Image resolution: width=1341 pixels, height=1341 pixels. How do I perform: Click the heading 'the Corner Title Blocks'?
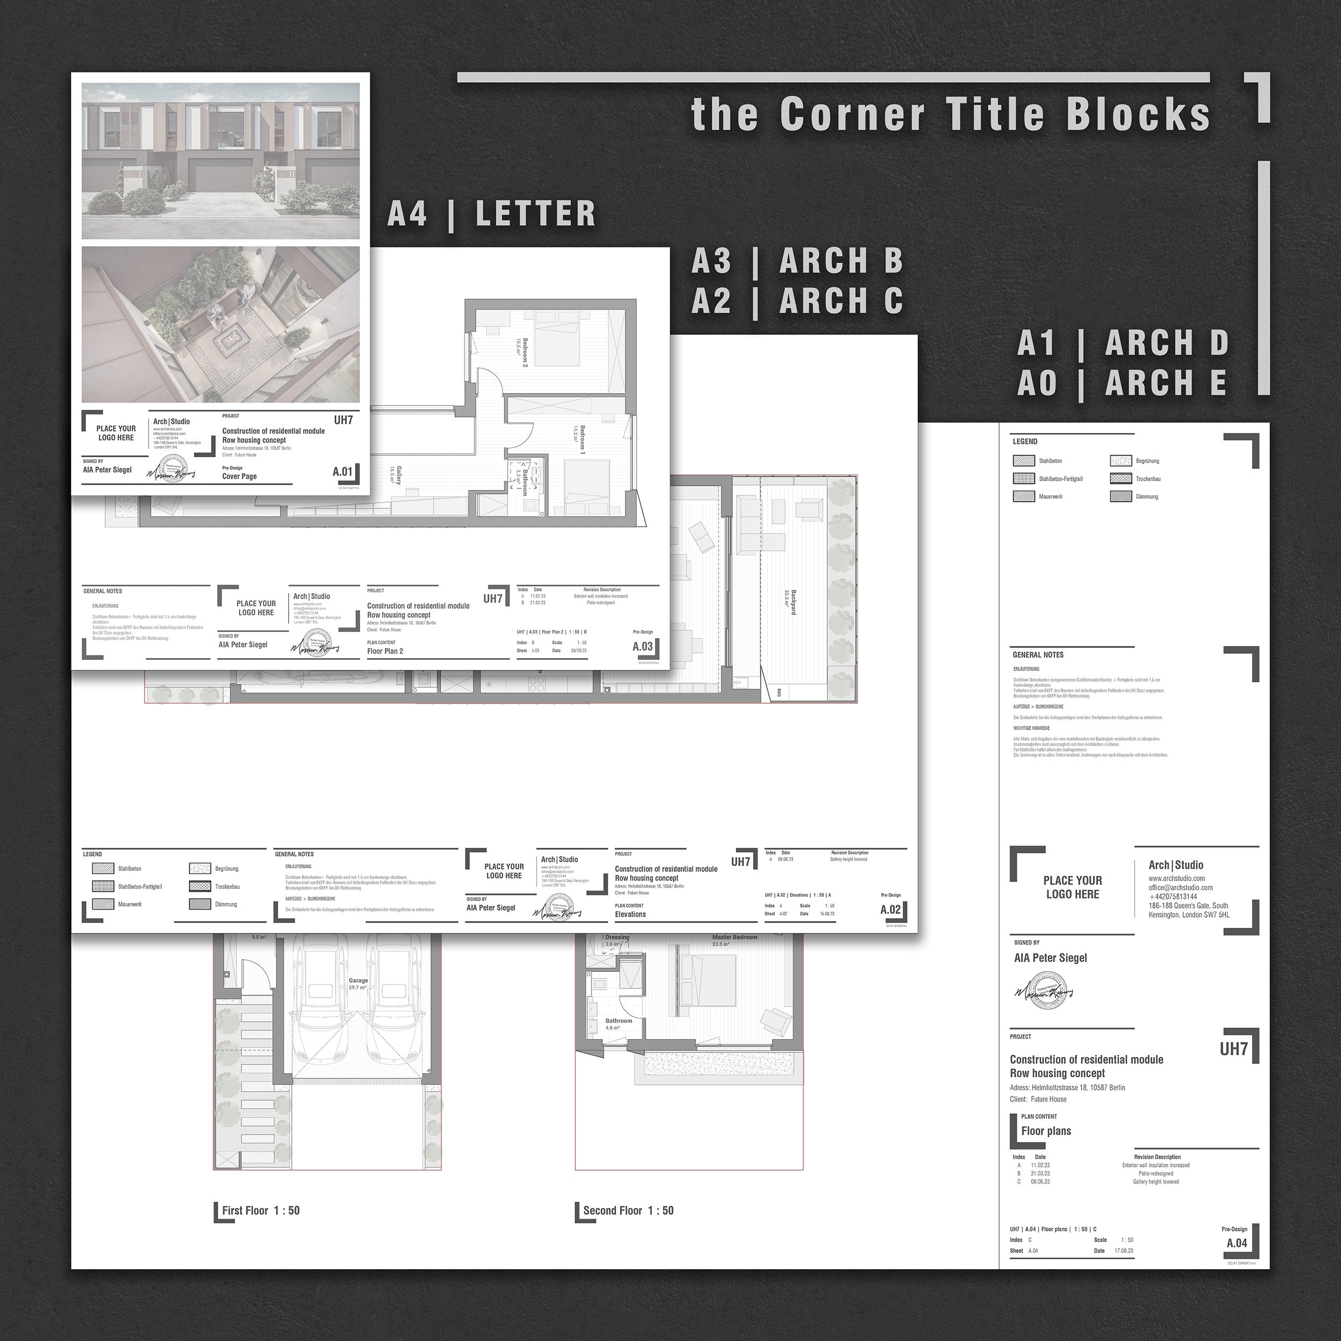[951, 114]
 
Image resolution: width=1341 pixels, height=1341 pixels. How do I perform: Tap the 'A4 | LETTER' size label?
[492, 214]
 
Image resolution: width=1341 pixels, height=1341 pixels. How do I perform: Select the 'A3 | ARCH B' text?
[797, 261]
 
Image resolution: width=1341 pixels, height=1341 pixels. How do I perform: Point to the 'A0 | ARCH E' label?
[1122, 383]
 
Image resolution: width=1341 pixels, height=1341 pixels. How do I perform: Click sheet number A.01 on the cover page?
[343, 472]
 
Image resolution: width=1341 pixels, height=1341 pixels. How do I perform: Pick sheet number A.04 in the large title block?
[1237, 1263]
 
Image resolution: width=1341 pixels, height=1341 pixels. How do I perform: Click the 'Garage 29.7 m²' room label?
[358, 984]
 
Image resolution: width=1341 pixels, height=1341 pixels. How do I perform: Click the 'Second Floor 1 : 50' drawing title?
[628, 1210]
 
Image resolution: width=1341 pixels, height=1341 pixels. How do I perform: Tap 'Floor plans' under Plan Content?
[1046, 1131]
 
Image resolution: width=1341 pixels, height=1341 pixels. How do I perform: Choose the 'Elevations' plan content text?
[630, 914]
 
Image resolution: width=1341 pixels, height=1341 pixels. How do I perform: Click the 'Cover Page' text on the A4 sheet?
[240, 476]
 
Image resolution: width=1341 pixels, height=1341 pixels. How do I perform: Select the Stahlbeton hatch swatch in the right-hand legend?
[1024, 461]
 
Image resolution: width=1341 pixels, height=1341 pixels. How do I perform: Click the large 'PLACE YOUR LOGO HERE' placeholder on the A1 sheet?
[1072, 887]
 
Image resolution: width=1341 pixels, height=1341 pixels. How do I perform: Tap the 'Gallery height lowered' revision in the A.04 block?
[1156, 1181]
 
